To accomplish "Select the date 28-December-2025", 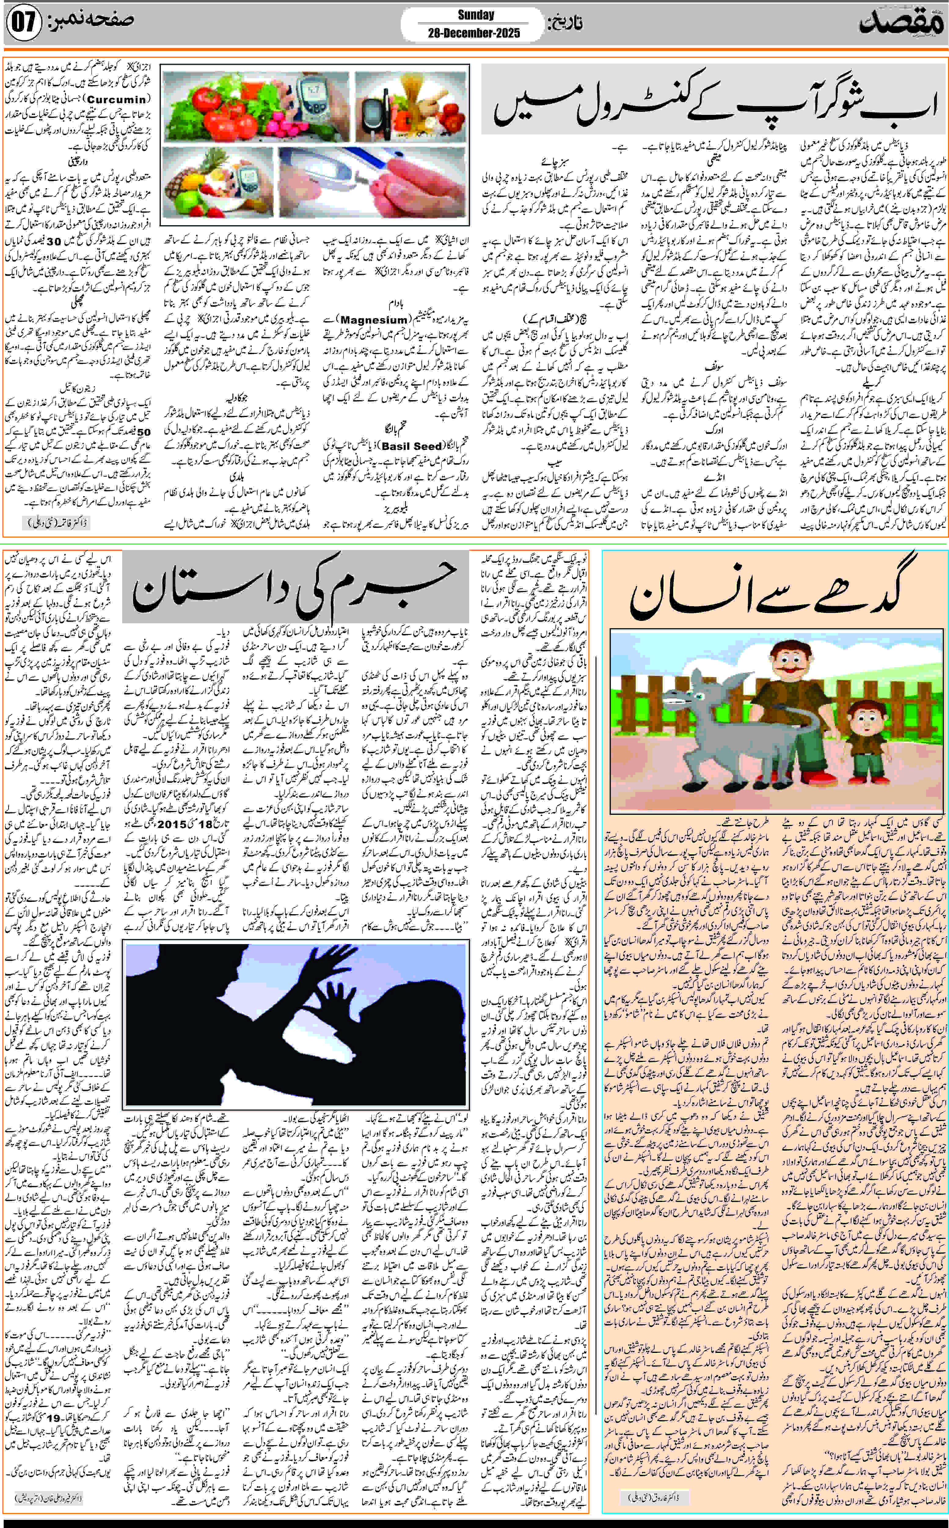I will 474,33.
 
